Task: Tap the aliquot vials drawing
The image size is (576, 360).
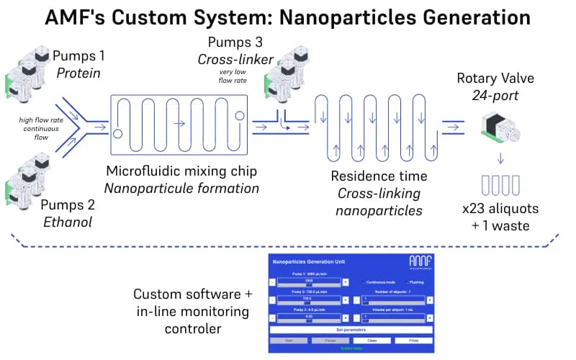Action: (501, 184)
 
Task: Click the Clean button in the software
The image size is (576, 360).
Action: (373, 340)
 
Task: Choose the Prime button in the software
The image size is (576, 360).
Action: (413, 340)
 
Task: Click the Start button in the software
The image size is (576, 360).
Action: (292, 340)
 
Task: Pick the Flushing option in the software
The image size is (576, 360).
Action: (419, 282)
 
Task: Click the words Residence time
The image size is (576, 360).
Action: (379, 176)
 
